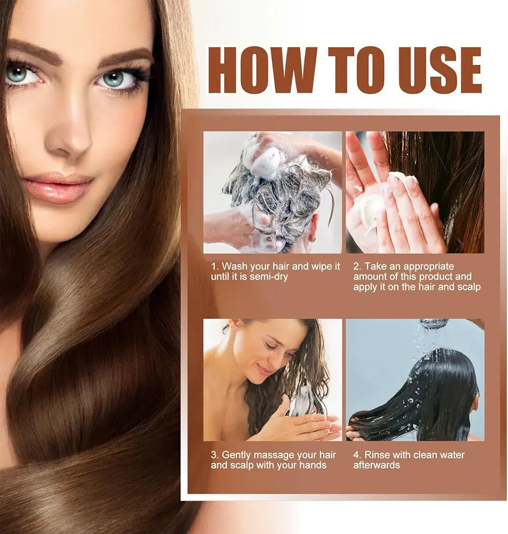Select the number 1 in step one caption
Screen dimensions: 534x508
click(213, 266)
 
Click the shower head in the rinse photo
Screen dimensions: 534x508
click(433, 324)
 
